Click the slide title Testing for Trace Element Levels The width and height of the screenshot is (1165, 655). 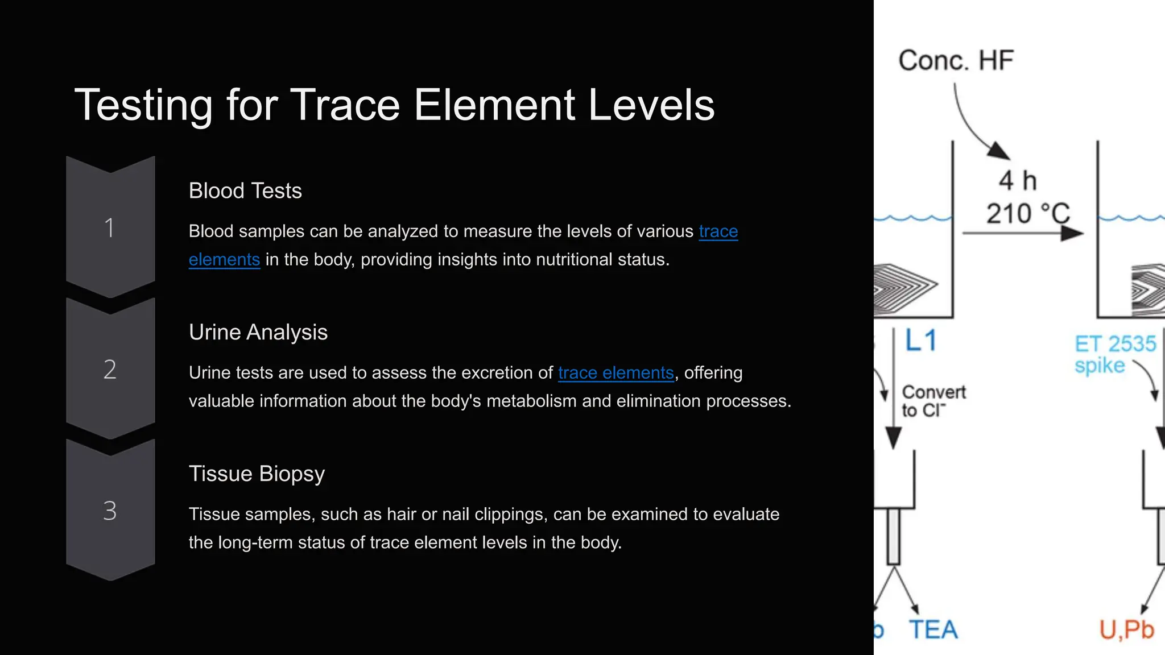[394, 105]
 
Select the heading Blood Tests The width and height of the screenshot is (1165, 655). [245, 191]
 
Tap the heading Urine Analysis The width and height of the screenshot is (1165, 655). [258, 333]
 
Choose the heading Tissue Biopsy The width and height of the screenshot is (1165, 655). [257, 474]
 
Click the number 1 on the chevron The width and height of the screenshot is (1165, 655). [110, 228]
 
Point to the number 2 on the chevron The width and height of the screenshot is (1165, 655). [110, 370]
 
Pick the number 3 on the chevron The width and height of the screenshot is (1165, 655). [110, 511]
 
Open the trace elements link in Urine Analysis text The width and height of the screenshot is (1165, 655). [615, 373]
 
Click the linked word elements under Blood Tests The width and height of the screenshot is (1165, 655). [224, 260]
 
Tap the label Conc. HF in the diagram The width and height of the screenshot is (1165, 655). [956, 61]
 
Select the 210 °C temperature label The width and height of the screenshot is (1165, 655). [1028, 214]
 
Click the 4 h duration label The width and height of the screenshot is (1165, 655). [1018, 181]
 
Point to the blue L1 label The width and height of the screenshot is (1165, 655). [920, 341]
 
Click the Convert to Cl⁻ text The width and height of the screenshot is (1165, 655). [933, 401]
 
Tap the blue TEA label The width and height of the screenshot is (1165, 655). [933, 630]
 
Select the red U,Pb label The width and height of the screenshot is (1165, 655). [1126, 630]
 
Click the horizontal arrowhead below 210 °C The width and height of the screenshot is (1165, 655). [1072, 233]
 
